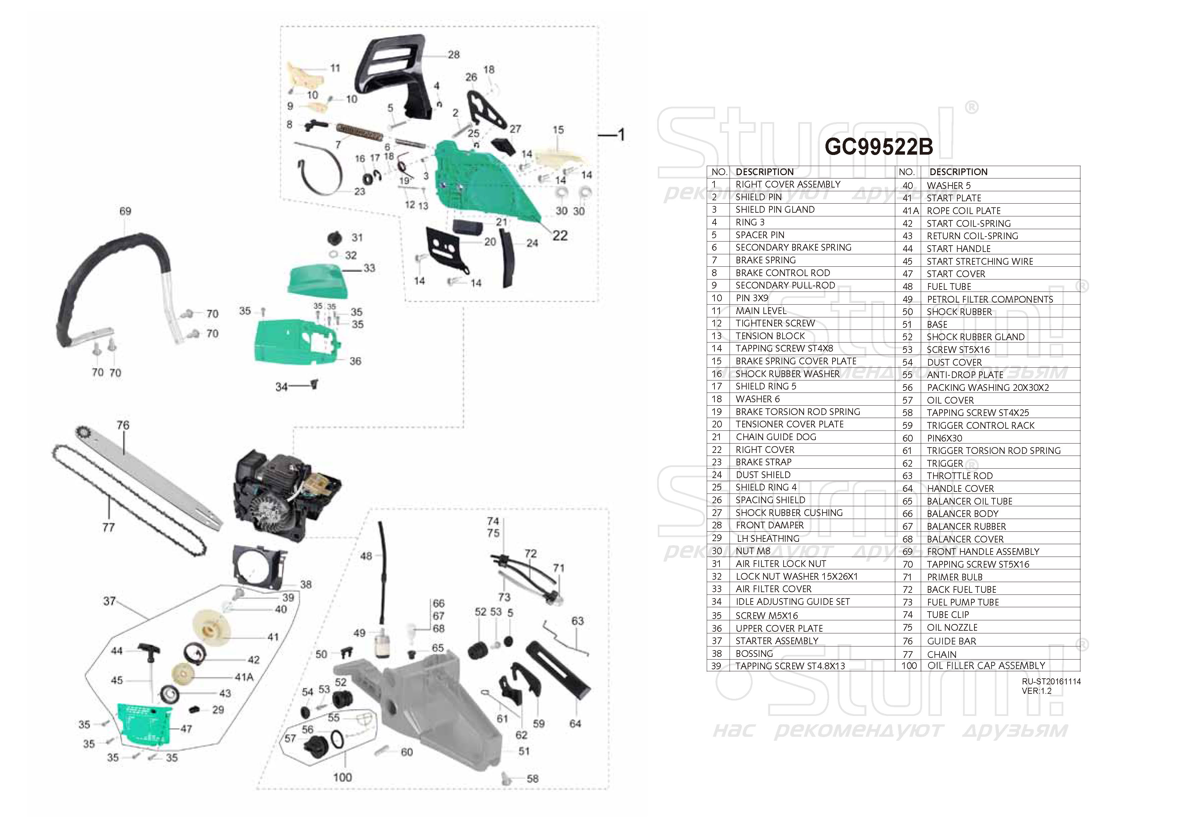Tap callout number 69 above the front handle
click(x=125, y=211)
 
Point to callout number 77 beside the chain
click(x=108, y=527)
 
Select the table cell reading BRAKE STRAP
click(x=763, y=462)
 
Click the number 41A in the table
click(x=910, y=211)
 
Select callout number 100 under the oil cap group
click(x=342, y=777)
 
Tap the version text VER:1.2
click(x=1036, y=690)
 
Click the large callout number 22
click(x=560, y=236)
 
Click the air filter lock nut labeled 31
click(x=335, y=239)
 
